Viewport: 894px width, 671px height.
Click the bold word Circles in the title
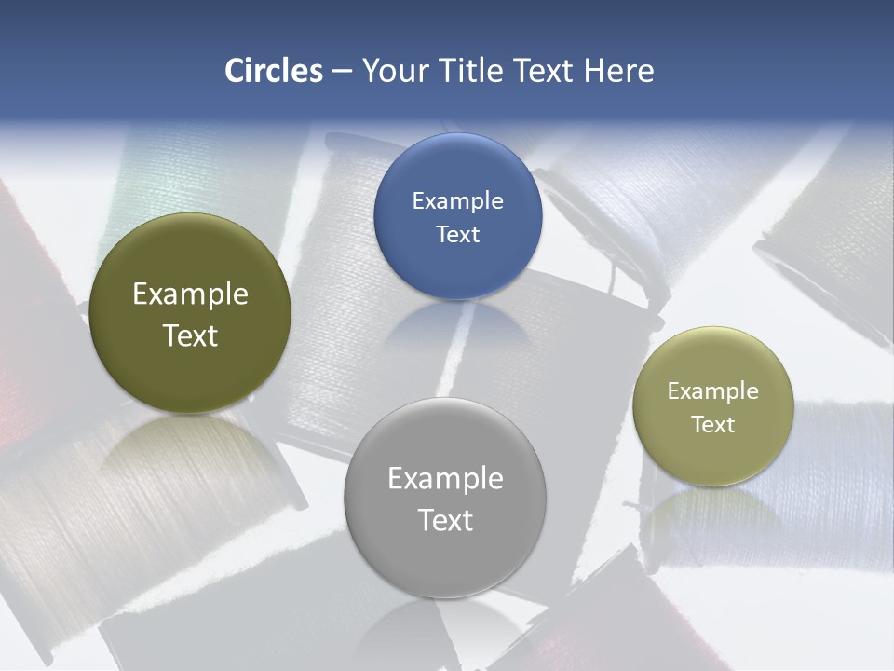tap(273, 70)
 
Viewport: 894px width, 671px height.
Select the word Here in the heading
tap(618, 70)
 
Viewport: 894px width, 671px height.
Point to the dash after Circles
tap(342, 71)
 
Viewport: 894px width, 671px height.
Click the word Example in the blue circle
tap(457, 201)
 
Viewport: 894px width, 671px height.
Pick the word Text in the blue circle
tap(457, 234)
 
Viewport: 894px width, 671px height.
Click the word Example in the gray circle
tap(445, 479)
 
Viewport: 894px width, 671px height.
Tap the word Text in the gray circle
tap(445, 520)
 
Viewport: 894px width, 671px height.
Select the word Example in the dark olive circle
tap(190, 294)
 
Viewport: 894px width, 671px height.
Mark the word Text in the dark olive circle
tap(190, 335)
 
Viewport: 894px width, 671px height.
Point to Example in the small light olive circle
tap(712, 391)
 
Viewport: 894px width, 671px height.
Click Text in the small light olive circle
tap(712, 424)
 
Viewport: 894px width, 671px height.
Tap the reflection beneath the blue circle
tap(456, 326)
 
